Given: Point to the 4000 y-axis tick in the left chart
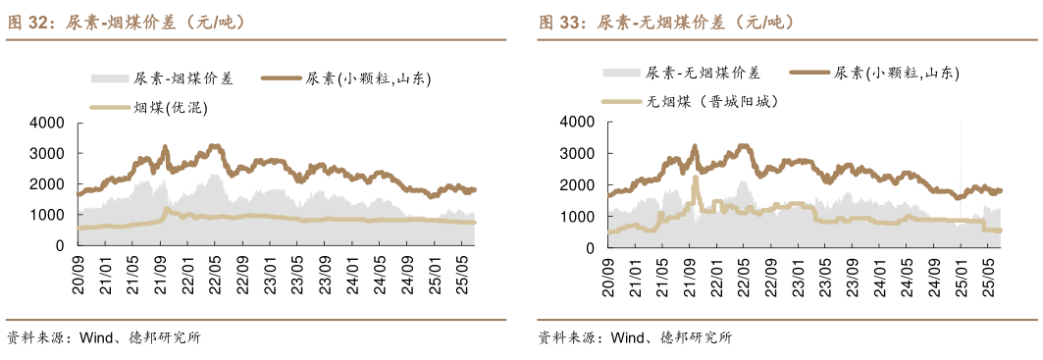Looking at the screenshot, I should pyautogui.click(x=46, y=123).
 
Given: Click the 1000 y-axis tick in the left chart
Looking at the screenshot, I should pyautogui.click(x=46, y=216).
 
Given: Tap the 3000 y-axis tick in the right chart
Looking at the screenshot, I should pyautogui.click(x=577, y=154).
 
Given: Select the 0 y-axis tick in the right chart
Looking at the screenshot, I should pyautogui.click(x=589, y=247).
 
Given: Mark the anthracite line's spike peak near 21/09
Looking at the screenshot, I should pyautogui.click(x=695, y=178).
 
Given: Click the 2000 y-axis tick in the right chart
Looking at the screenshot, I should pyautogui.click(x=577, y=184).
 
